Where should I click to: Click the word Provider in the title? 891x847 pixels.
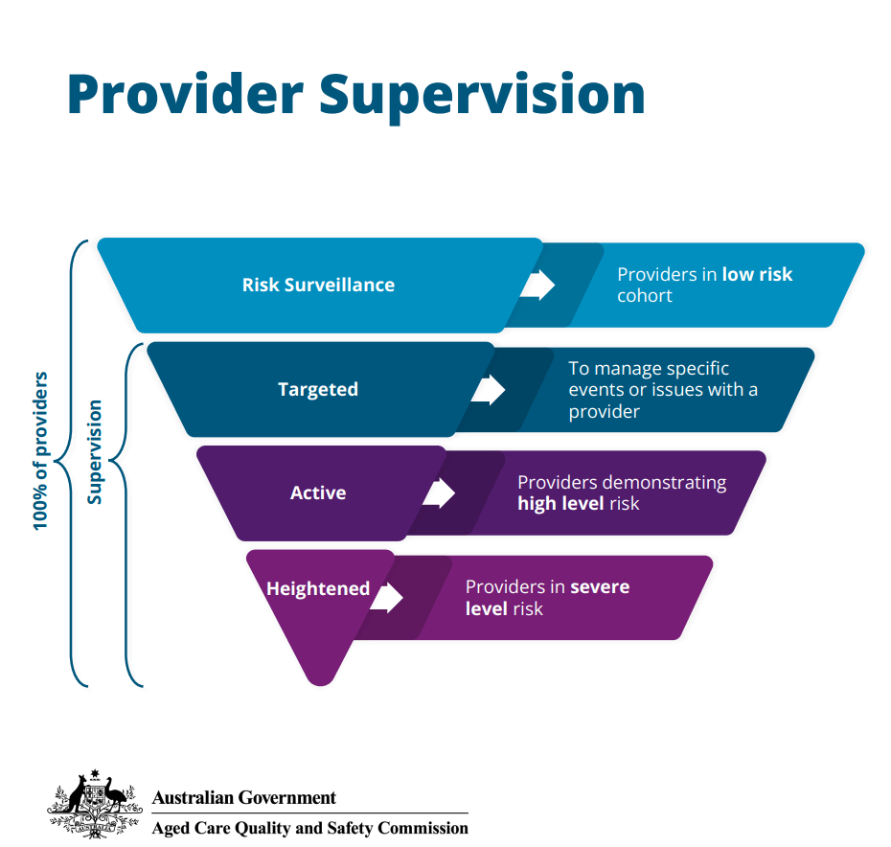182,94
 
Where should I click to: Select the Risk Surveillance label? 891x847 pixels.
318,285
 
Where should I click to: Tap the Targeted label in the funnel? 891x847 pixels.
318,389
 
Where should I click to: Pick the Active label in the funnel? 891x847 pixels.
318,492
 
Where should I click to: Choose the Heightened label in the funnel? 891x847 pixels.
318,588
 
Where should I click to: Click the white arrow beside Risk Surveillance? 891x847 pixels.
538,285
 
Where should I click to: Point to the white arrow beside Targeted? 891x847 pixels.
489,389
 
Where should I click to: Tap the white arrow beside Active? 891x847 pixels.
439,492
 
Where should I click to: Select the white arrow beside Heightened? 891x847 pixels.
387,596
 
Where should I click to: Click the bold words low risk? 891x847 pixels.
757,274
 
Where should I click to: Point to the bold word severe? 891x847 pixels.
600,586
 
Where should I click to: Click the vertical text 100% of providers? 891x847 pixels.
41,450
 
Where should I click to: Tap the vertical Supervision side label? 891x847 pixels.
95,451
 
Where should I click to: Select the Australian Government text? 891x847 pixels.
244,797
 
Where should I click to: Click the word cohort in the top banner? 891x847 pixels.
645,296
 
